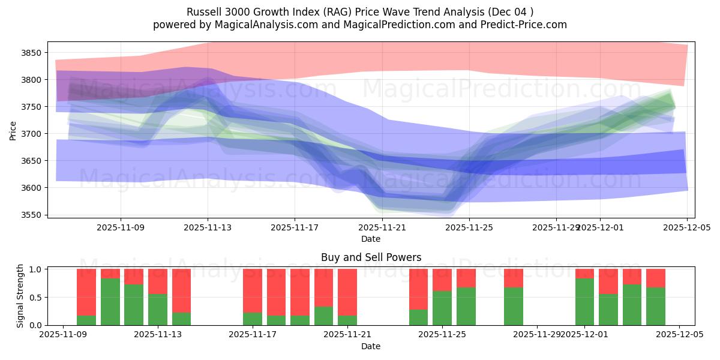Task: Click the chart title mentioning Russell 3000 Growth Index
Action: [x=360, y=12]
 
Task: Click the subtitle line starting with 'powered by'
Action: [x=360, y=25]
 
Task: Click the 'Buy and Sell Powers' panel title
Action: [x=371, y=257]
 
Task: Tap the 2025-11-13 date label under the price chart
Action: [x=208, y=228]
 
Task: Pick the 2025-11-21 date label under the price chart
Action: [x=382, y=228]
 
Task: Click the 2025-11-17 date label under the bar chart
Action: [x=253, y=335]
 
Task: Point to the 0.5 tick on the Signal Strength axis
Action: [x=35, y=297]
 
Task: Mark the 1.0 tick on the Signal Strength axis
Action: [x=35, y=269]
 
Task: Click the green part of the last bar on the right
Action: [x=656, y=306]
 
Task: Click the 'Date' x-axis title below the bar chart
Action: [x=371, y=346]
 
